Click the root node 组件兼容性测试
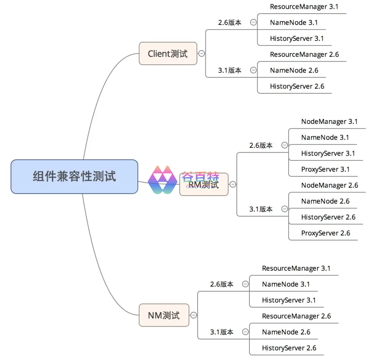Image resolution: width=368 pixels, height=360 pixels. pyautogui.click(x=74, y=176)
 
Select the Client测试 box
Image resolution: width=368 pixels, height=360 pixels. pyautogui.click(x=168, y=53)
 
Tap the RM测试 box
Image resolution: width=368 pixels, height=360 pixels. pyautogui.click(x=204, y=184)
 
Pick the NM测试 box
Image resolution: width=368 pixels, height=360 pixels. pyautogui.click(x=164, y=315)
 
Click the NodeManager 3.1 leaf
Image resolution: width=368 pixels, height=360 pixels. pyautogui.click(x=329, y=122)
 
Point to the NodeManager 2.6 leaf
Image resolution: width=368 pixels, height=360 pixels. pyautogui.click(x=329, y=185)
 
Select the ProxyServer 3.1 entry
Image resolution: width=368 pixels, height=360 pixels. pyautogui.click(x=325, y=169)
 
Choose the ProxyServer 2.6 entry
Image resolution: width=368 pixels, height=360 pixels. pyautogui.click(x=325, y=233)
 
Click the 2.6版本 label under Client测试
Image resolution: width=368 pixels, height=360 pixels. pyautogui.click(x=230, y=22)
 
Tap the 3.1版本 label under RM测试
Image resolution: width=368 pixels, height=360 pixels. pyautogui.click(x=261, y=209)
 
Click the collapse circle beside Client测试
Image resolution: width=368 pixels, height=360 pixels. pyautogui.click(x=202, y=53)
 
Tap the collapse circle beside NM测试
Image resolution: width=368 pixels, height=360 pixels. pyautogui.click(x=194, y=315)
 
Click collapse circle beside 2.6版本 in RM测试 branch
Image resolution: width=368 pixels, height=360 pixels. pyautogui.click(x=285, y=145)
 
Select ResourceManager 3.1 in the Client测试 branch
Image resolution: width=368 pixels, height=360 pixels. pyautogui.click(x=304, y=6)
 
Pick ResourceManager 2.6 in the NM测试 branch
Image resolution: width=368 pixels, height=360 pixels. pyautogui.click(x=296, y=316)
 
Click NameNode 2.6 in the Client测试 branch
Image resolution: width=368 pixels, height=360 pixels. pyautogui.click(x=294, y=70)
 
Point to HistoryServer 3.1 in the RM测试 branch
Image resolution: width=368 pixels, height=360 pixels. pyautogui.click(x=328, y=153)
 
